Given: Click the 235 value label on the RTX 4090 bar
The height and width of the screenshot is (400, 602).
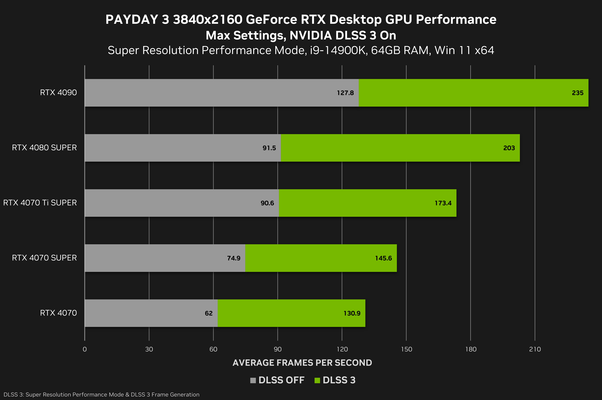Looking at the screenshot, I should click(x=578, y=93).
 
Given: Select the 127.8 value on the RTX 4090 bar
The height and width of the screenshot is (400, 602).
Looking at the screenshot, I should click(x=345, y=93).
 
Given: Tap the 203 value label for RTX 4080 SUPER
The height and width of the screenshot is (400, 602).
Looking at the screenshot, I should click(x=509, y=148).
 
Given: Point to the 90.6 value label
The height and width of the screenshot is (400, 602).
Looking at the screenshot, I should click(x=267, y=203).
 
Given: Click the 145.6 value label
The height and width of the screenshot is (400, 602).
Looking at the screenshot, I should click(x=383, y=258).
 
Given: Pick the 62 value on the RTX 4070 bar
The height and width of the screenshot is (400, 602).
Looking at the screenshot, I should click(x=209, y=313).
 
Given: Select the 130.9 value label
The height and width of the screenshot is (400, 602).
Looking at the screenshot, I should click(x=352, y=313).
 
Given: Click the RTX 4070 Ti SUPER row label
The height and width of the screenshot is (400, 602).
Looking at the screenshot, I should click(x=40, y=203).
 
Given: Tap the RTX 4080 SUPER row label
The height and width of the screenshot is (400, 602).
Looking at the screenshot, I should click(x=44, y=148).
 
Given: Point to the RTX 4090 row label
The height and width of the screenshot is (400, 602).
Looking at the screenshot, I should click(x=58, y=93).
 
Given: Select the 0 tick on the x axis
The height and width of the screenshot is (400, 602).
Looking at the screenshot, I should click(x=85, y=349).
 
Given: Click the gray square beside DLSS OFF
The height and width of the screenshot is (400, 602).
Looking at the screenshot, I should click(x=253, y=380).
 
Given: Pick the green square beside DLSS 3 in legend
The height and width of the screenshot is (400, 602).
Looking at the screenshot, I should click(x=317, y=380).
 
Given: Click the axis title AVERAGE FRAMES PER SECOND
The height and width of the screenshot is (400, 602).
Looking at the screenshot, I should click(x=302, y=363).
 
